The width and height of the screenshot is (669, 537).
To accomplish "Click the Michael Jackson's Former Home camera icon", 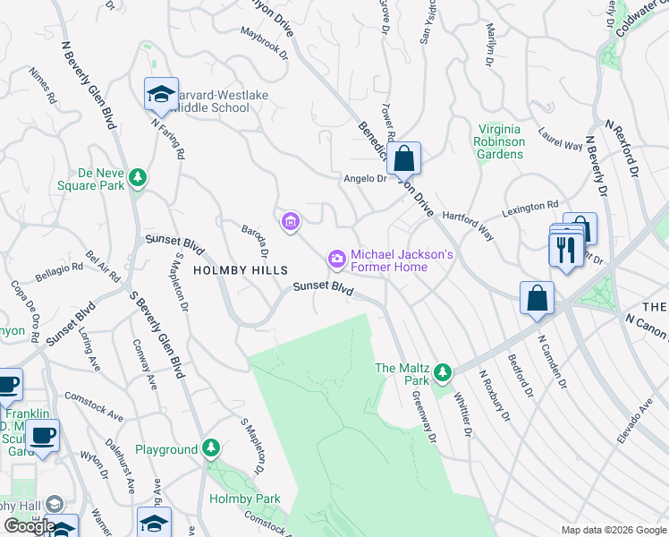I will pyautogui.click(x=337, y=260).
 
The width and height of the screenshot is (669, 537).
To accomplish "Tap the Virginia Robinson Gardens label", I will pyautogui.click(x=500, y=141).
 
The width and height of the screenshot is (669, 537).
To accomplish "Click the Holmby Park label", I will pyautogui.click(x=244, y=499).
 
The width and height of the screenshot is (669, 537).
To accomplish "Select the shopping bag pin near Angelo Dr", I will pyautogui.click(x=404, y=159).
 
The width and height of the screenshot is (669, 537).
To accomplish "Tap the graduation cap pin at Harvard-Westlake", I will pyautogui.click(x=161, y=94).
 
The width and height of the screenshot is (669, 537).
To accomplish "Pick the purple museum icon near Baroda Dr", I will pyautogui.click(x=290, y=222).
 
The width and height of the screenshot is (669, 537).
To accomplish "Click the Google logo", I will pyautogui.click(x=30, y=525).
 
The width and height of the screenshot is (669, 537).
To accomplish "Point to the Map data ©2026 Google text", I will pyautogui.click(x=613, y=529).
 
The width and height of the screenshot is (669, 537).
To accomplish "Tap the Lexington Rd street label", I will pyautogui.click(x=529, y=208).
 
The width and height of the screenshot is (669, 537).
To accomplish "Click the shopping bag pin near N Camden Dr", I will pyautogui.click(x=537, y=298).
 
